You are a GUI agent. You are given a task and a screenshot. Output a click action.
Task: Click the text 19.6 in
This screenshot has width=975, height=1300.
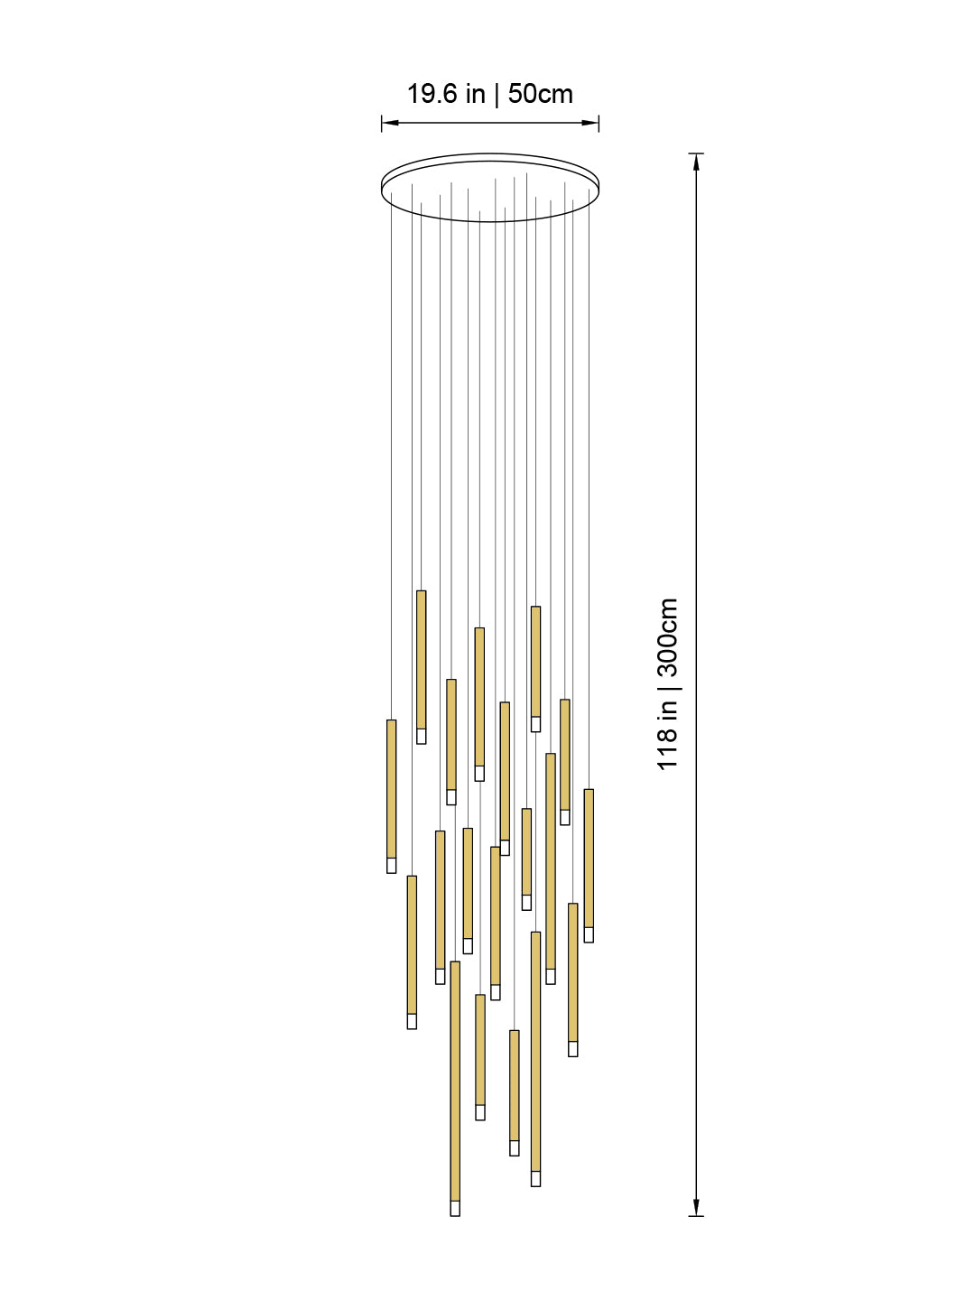[446, 94]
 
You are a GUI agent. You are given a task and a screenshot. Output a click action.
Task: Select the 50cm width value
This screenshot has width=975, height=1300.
[540, 94]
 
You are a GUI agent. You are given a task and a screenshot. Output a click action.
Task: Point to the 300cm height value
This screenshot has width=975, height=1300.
[667, 636]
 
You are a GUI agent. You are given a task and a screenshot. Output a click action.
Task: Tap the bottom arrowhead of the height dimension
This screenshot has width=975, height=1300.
[696, 1207]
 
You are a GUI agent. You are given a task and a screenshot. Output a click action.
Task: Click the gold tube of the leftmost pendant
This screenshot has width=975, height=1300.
[391, 788]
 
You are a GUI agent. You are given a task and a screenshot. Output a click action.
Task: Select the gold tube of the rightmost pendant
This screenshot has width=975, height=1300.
[589, 858]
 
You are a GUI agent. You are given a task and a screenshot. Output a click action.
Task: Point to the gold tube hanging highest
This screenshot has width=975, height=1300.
[421, 659]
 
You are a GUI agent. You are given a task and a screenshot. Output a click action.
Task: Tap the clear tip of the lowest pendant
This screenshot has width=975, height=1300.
[455, 1208]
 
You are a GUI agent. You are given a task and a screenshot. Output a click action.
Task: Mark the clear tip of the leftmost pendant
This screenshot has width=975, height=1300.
[391, 866]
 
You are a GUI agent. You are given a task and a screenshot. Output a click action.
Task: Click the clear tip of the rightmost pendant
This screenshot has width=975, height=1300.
[589, 935]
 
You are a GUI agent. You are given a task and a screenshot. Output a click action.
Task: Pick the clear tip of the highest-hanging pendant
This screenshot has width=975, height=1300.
[421, 737]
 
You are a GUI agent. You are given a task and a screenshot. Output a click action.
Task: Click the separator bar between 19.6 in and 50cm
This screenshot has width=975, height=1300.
[496, 94]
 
